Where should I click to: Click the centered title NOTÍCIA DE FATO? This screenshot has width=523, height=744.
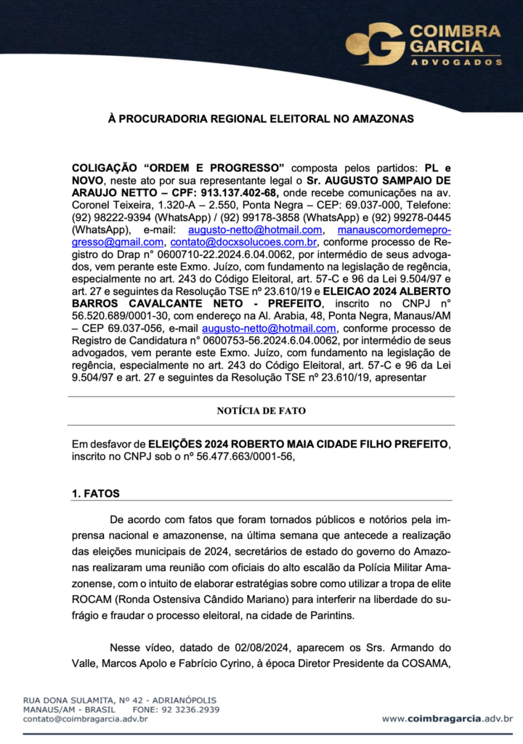pyautogui.click(x=261, y=411)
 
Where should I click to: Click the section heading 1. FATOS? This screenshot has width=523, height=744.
pyautogui.click(x=96, y=494)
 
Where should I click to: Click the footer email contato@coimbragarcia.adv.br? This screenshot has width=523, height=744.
pyautogui.click(x=86, y=719)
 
